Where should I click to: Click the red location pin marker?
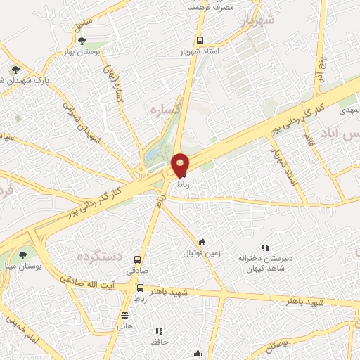(180, 165)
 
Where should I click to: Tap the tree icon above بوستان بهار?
(83, 41)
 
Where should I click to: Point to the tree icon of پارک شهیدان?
(15, 70)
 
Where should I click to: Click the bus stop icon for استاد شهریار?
(200, 40)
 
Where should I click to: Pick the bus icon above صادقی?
(137, 259)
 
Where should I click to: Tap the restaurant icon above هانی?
(124, 315)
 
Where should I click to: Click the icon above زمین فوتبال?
(202, 242)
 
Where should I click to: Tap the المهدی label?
(349, 111)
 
